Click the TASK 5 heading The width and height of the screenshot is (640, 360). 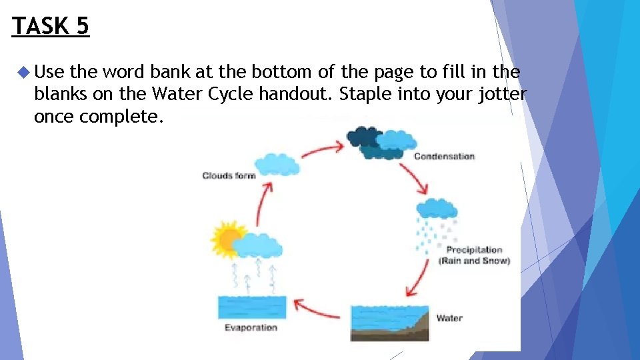tap(51, 26)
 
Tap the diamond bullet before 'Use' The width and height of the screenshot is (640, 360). tap(24, 71)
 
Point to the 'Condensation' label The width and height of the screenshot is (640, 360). tap(444, 157)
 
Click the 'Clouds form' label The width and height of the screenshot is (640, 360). tap(229, 176)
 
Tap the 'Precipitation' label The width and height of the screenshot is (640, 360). tap(474, 250)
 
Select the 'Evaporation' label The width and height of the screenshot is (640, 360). tap(250, 327)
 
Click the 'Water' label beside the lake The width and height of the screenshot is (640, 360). tap(449, 318)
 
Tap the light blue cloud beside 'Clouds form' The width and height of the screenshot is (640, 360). tap(278, 164)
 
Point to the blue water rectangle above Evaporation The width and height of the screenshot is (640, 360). tap(252, 307)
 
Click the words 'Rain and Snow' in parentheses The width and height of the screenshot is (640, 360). tap(474, 261)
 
